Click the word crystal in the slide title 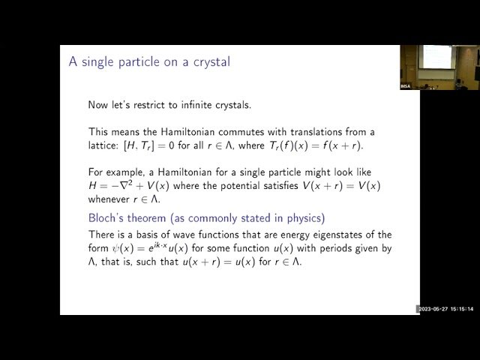[210, 61]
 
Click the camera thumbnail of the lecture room [439, 67]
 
